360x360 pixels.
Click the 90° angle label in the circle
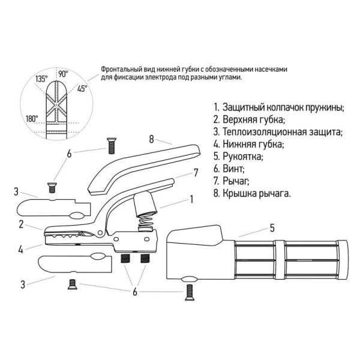click(x=63, y=74)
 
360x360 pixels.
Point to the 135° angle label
click(x=41, y=79)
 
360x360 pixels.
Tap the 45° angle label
click(x=82, y=88)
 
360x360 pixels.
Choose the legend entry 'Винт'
click(x=233, y=169)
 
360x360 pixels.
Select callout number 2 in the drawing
click(x=20, y=224)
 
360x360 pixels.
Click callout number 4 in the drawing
click(x=20, y=248)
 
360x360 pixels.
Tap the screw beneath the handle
click(x=190, y=292)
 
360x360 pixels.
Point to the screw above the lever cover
click(x=112, y=145)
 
